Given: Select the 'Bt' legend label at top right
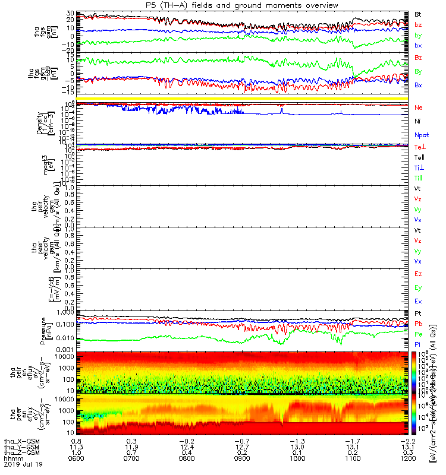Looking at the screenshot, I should (x=418, y=14).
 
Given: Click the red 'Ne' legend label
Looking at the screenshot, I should (x=418, y=108).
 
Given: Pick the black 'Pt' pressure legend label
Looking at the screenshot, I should (x=418, y=313).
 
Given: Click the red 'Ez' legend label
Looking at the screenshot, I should (x=418, y=274).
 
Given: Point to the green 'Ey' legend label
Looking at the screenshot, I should (x=418, y=287).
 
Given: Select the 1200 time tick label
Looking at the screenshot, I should (x=408, y=458).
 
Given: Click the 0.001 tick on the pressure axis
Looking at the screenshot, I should (x=65, y=349).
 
